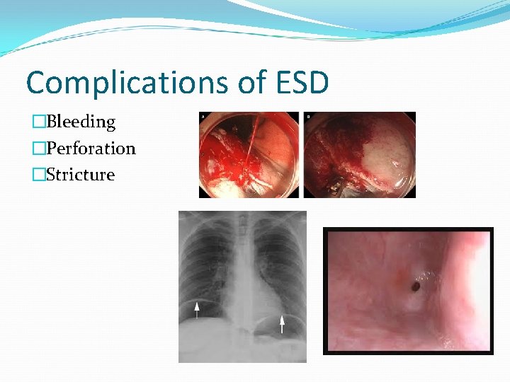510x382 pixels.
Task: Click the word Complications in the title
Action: click(x=124, y=83)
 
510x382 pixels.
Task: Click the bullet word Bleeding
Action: click(x=80, y=122)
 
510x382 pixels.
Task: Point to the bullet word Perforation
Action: click(x=90, y=148)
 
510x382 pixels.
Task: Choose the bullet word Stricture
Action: click(x=80, y=174)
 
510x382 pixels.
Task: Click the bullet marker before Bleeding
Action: click(x=39, y=122)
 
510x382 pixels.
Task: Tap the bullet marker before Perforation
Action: click(x=39, y=148)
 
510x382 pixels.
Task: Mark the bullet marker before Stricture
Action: click(x=39, y=174)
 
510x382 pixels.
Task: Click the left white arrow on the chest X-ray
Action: click(x=198, y=307)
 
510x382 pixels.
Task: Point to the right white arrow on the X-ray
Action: click(x=282, y=324)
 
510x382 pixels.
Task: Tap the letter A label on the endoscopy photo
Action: click(x=205, y=116)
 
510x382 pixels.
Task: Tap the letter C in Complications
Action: click(x=36, y=83)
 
